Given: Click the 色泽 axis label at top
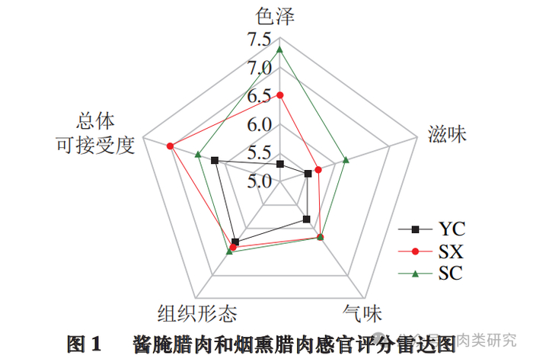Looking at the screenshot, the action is [x=275, y=16].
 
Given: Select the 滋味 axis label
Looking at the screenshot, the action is [x=447, y=134].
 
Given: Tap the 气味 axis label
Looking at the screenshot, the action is [x=362, y=313].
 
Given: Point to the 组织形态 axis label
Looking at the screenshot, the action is [x=197, y=313].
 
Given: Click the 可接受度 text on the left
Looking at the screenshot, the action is [x=95, y=146].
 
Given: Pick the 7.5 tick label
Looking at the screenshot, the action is [x=259, y=40].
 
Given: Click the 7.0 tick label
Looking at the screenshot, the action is [x=260, y=68].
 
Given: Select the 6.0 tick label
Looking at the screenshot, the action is [x=260, y=124].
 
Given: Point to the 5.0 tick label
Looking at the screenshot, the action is [x=260, y=181].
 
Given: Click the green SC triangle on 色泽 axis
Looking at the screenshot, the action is [x=279, y=50].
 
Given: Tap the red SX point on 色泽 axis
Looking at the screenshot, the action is [x=279, y=95].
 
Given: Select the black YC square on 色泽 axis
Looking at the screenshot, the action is [x=279, y=165].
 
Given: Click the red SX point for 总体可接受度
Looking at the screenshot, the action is [x=171, y=146].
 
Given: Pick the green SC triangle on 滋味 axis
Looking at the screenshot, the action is [x=346, y=159].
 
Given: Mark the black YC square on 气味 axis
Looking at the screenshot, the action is [x=307, y=219].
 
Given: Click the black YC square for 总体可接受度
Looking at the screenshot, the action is [x=215, y=160].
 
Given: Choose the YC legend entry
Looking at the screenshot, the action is [x=432, y=229].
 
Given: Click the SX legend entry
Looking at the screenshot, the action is [x=431, y=251].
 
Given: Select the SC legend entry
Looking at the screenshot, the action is [x=431, y=273].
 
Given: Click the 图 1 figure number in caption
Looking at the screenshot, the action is [x=84, y=344].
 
